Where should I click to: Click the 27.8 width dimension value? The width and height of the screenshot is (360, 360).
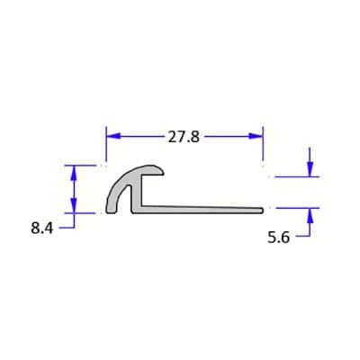pos(184,137)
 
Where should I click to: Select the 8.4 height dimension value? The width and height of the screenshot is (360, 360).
pos(42,229)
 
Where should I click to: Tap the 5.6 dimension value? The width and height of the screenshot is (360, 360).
pos(279,239)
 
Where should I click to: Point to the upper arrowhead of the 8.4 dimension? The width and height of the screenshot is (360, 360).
pos(74,170)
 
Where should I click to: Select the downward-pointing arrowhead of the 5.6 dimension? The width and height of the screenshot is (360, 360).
pos(310,170)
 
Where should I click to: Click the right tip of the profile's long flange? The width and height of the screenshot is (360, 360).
pos(260,210)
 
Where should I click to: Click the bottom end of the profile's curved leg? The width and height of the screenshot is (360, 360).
pos(112,211)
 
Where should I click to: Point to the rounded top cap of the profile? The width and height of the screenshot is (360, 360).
pos(144,168)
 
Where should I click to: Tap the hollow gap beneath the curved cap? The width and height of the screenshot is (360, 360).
pos(127,198)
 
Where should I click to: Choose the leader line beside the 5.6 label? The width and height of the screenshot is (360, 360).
pos(304,239)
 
